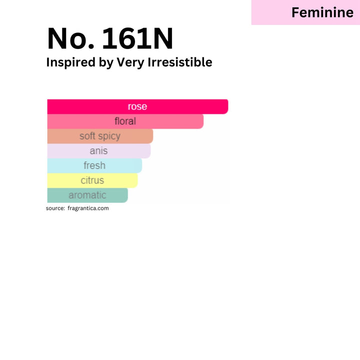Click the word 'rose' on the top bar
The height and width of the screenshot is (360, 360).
137,107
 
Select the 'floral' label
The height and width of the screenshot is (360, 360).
125,121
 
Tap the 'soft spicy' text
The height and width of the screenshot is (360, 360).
100,136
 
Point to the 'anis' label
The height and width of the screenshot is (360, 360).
98,151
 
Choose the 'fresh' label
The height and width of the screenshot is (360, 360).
94,165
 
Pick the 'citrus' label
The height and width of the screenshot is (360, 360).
92,180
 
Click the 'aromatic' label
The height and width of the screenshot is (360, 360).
87,195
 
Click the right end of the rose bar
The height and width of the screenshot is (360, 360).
228,106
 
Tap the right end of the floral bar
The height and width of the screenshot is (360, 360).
203,121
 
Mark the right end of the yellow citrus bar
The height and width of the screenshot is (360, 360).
137,180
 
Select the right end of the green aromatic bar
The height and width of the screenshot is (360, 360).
127,195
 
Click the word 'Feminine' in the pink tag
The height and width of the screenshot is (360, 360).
322,12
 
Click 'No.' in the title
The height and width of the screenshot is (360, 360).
70,38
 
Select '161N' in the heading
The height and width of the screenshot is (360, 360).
137,38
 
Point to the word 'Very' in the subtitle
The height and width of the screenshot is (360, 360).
130,62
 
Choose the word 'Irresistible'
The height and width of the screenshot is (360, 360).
180,62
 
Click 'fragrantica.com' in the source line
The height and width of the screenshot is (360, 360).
88,208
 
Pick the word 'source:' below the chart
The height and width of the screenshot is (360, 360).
55,208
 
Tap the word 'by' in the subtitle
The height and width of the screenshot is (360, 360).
106,62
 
